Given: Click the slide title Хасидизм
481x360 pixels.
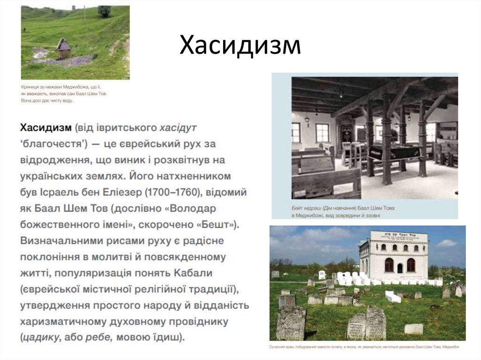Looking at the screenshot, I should (x=240, y=46).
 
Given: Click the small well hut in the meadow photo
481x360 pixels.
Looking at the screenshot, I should (x=63, y=48).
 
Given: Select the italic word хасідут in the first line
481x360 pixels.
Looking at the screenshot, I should (x=178, y=127).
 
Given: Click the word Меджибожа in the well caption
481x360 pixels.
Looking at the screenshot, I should (x=70, y=88).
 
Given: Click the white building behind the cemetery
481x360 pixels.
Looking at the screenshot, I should (x=394, y=256).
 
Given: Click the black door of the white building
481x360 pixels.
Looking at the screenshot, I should (x=400, y=268).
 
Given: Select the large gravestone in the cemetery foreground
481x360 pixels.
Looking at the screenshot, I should (x=291, y=322).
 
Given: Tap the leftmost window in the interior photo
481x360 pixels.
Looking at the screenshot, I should (x=296, y=132).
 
